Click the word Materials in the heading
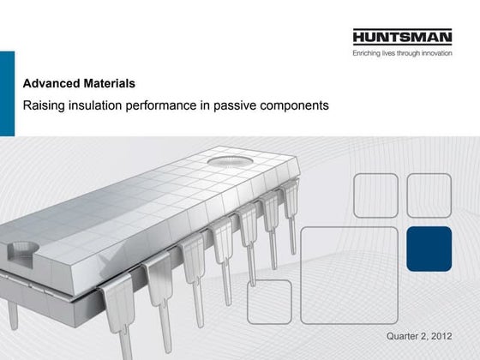point(107,84)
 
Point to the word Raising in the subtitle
point(42,105)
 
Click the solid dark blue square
point(429,249)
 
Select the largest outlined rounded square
point(349,275)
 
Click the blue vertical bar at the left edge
point(7,93)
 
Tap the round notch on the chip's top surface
point(230,160)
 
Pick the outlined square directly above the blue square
point(429,195)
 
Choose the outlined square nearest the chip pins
point(269,302)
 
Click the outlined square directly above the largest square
point(375,195)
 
